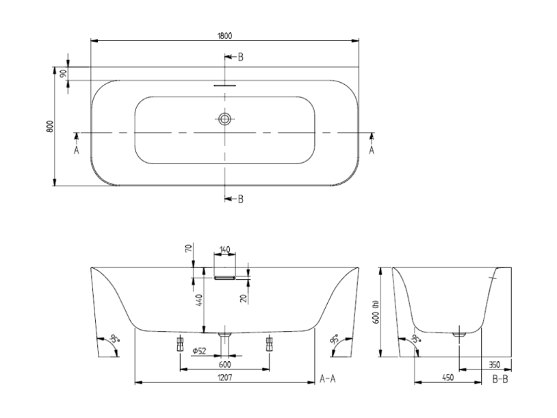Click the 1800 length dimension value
coord(224,36)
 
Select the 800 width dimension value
coord(50,127)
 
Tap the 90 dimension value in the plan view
coord(64,73)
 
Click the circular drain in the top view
coord(224,119)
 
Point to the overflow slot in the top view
coord(224,86)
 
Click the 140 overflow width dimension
coord(224,250)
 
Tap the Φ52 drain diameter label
coord(199,351)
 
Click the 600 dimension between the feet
coord(224,365)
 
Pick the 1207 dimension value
coord(224,378)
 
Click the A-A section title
coord(327,379)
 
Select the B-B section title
coord(500,379)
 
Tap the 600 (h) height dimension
coord(376,312)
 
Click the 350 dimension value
coord(495,365)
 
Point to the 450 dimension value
coord(448,378)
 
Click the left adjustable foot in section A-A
coord(180,344)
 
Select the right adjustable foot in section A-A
coord(269,344)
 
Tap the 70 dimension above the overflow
coord(189,248)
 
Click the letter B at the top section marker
coord(240,57)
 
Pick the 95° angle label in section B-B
coord(416,338)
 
